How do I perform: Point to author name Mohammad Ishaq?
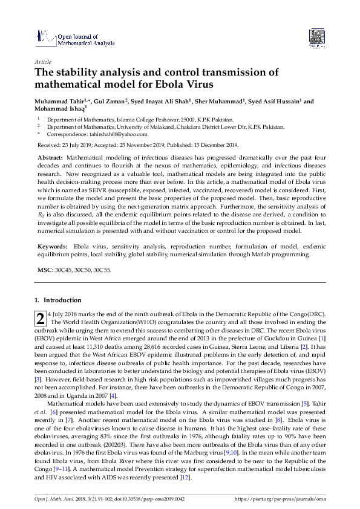[x=61, y=109]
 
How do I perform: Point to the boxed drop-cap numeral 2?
[x=40, y=318]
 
